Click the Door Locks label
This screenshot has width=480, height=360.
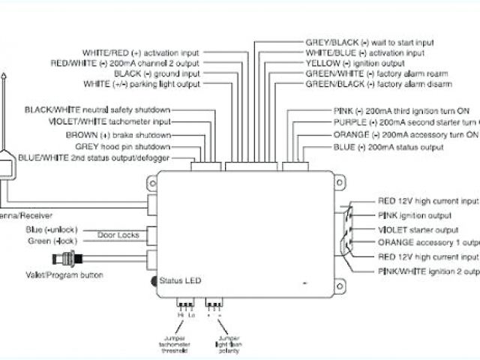118,235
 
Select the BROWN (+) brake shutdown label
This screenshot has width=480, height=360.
130,134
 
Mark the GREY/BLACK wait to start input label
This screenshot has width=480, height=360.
369,43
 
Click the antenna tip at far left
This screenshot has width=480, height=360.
5,77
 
